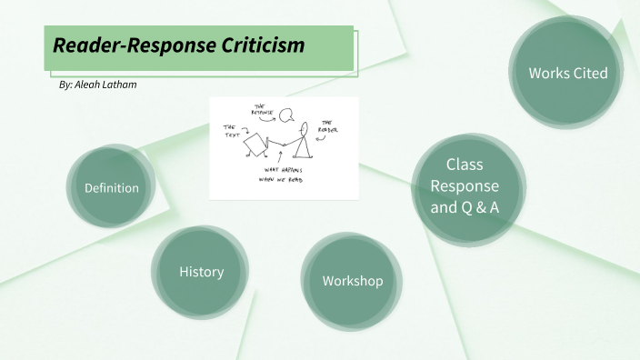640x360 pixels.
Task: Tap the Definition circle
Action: coord(112,188)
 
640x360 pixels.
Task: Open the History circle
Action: coord(201,271)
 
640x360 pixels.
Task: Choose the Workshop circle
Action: coord(352,280)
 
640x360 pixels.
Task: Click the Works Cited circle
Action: coord(567,73)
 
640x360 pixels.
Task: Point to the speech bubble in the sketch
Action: coord(286,115)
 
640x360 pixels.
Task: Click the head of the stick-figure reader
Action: coord(305,127)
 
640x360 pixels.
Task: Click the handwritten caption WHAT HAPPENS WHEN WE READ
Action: coord(279,175)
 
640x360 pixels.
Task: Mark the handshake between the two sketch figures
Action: coord(283,145)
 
